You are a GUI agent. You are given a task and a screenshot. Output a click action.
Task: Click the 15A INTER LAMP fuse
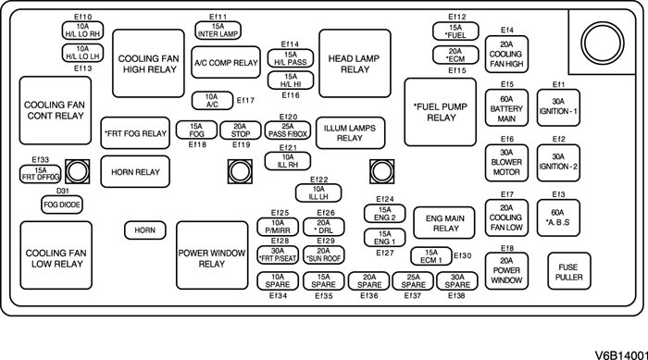[218, 31]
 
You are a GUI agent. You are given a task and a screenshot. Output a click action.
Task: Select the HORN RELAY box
[135, 171]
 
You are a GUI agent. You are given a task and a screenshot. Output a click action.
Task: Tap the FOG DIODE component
[62, 205]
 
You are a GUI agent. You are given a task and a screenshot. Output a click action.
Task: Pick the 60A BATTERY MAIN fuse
[506, 108]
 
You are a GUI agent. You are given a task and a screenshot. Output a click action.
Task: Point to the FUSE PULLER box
[569, 271]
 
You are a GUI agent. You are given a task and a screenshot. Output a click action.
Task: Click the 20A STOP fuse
[241, 130]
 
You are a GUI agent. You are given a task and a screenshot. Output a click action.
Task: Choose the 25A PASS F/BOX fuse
[288, 130]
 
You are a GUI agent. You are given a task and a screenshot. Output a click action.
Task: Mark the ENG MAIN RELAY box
[444, 223]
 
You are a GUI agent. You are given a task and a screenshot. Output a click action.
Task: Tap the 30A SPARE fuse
[457, 281]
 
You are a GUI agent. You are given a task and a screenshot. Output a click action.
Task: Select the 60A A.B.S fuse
[558, 217]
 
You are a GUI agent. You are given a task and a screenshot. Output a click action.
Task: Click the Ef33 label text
[41, 160]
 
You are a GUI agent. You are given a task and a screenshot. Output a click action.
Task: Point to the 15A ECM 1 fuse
[431, 256]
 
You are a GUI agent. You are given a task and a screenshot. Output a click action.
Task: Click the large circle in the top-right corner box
[602, 43]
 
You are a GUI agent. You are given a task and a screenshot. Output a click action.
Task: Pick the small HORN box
[145, 230]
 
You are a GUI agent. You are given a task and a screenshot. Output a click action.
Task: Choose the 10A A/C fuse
[212, 101]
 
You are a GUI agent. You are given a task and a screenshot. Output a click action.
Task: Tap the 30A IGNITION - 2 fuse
[558, 163]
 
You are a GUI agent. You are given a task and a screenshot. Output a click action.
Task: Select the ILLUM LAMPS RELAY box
[351, 133]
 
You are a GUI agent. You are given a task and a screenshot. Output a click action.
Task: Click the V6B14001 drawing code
[621, 354]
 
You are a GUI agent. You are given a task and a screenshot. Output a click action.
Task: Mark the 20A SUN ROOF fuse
[324, 255]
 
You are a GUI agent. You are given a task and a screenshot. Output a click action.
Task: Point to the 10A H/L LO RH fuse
[82, 31]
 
